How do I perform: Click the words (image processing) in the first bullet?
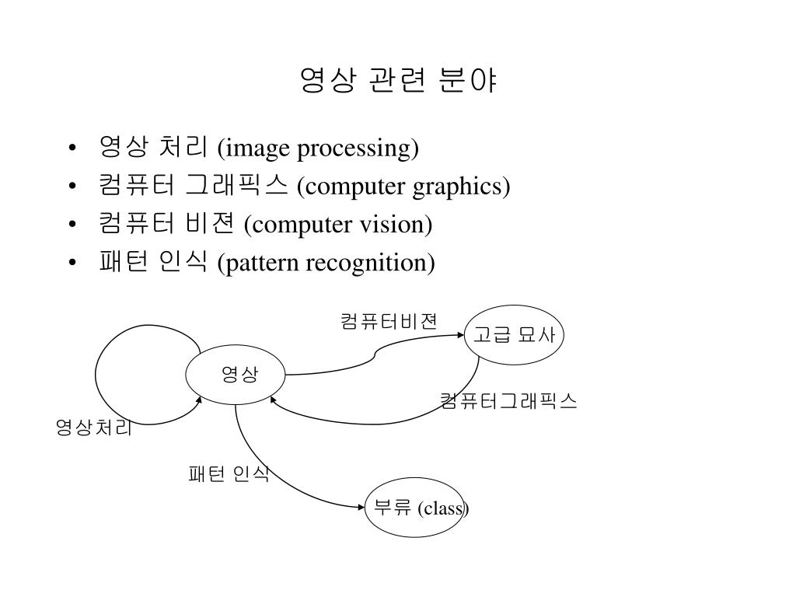(x=318, y=148)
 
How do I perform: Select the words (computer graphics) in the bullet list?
(x=403, y=187)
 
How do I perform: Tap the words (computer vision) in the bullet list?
(x=337, y=225)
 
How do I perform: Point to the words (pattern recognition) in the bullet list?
(x=326, y=263)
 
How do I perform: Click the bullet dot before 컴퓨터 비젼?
(x=72, y=225)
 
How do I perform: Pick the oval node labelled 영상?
(x=236, y=375)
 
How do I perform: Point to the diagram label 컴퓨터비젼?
(x=389, y=321)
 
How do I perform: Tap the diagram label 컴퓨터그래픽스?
(x=508, y=400)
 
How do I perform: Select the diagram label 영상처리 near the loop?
(x=93, y=427)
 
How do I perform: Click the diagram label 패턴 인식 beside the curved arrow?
(x=229, y=473)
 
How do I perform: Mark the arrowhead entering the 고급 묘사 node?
(x=459, y=335)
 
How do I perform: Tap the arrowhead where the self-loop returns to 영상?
(x=199, y=400)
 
